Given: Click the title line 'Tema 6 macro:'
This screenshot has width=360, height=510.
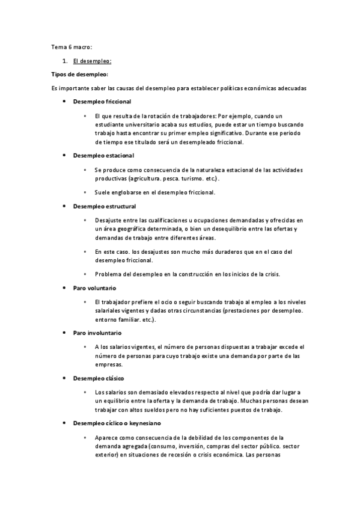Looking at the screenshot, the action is tap(72, 46).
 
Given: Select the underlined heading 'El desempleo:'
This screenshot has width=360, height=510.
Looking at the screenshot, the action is tap(91, 61).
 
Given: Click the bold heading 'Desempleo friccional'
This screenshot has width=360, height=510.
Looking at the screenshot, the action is tap(102, 102).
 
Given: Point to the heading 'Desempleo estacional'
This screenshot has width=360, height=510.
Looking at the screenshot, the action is tap(102, 155).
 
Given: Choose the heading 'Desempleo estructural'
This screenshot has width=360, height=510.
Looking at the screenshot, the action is tap(103, 206).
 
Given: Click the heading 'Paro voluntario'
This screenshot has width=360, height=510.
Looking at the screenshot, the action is tap(94, 288).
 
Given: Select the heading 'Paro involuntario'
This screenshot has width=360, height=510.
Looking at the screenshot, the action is tap(97, 333).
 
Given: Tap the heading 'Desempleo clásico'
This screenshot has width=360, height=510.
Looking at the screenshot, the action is tap(99, 378).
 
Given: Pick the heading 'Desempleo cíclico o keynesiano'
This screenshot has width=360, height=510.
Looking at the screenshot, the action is tap(117, 423).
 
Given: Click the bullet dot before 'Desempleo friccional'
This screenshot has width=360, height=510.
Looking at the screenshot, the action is tap(65, 102).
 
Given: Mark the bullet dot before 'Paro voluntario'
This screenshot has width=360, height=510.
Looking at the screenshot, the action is tap(65, 288).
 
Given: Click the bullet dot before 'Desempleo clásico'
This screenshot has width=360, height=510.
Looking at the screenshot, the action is tap(65, 378).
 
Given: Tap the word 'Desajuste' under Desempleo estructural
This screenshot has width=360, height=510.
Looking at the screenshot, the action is tap(109, 221).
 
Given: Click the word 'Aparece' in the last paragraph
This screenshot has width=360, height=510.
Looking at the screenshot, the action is tap(106, 438).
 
